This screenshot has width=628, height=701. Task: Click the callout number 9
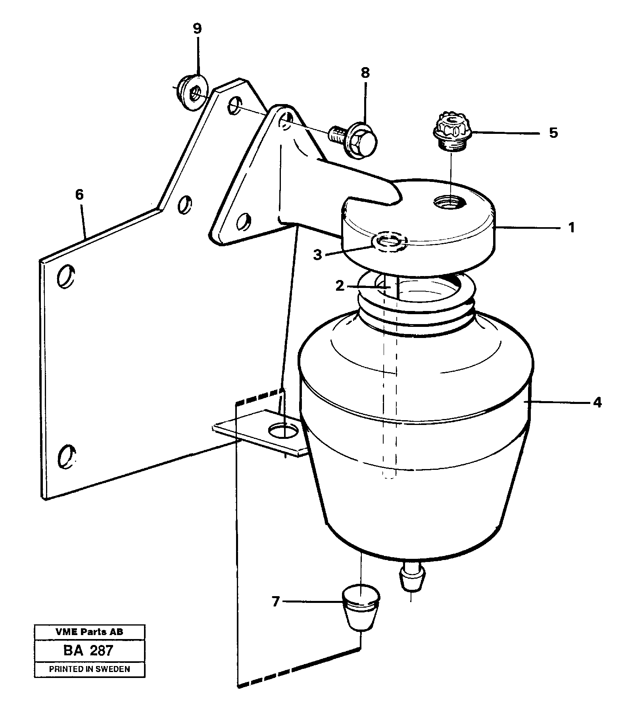click(x=197, y=29)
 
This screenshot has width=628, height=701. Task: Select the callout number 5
click(x=553, y=132)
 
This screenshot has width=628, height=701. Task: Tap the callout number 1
click(x=571, y=228)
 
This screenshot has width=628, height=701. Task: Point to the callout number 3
click(x=317, y=255)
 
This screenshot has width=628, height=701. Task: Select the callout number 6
click(x=79, y=195)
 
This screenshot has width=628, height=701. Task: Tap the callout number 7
click(x=276, y=602)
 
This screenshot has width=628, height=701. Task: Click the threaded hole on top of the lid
click(x=450, y=203)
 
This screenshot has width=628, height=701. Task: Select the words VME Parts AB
click(x=89, y=631)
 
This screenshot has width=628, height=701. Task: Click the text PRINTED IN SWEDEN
click(x=89, y=669)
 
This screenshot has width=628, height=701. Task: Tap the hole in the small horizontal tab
click(x=282, y=430)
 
